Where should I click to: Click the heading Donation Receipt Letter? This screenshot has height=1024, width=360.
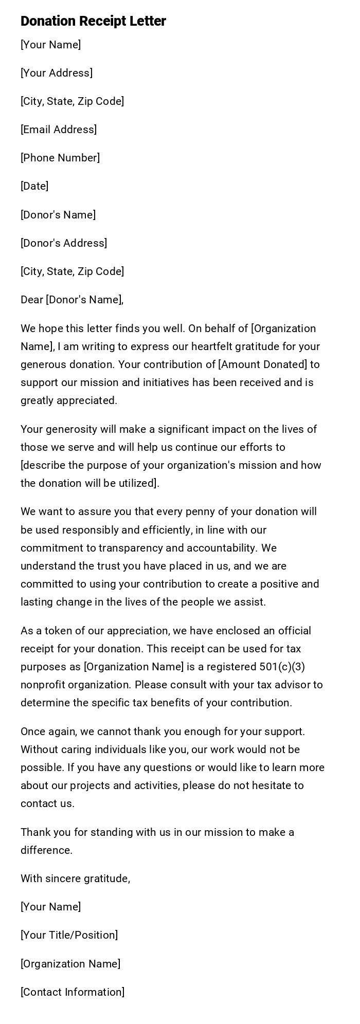[x=93, y=21]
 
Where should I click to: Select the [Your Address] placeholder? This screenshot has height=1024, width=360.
[x=57, y=73]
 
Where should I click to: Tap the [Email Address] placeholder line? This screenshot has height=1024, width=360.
[x=59, y=130]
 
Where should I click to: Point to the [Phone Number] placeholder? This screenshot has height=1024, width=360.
[x=60, y=158]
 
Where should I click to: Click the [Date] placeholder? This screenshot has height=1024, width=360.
[x=34, y=186]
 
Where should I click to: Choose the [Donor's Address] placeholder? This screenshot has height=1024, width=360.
[x=64, y=243]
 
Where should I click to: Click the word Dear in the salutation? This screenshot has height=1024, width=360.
[x=32, y=300]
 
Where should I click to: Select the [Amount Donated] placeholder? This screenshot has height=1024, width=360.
[x=262, y=364]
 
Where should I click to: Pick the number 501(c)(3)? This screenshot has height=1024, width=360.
[x=282, y=667]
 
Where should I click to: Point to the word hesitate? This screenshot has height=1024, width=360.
[x=269, y=785]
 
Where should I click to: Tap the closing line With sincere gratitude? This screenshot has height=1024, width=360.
[x=75, y=879]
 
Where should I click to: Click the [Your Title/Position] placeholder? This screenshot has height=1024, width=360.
[x=69, y=935]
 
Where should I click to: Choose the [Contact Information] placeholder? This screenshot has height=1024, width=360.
[x=73, y=992]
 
